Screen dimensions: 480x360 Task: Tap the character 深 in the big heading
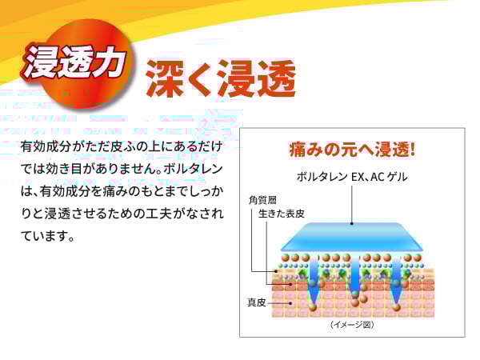(166, 78)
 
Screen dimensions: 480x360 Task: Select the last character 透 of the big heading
(277, 78)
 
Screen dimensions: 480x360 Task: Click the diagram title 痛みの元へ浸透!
(352, 150)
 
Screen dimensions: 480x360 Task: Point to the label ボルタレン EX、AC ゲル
(352, 177)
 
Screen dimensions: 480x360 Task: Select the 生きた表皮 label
(282, 214)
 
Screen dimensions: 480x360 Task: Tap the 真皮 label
(256, 302)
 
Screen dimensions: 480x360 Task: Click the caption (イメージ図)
(352, 325)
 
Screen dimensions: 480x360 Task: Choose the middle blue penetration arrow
(354, 274)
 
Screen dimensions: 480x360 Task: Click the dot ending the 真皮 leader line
(290, 304)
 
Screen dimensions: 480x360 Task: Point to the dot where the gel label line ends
(352, 223)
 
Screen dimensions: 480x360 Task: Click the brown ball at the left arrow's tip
(313, 307)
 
